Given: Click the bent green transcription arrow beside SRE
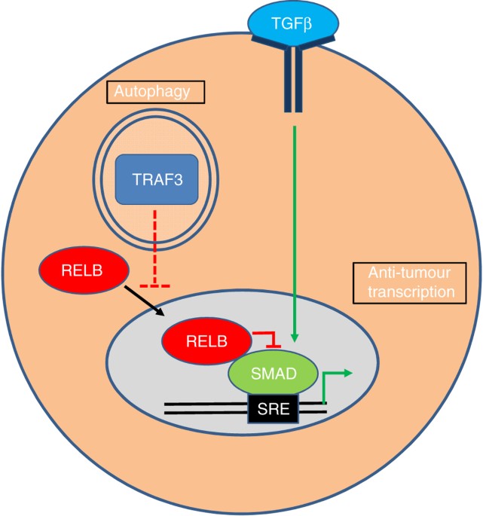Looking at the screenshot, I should [x=332, y=384].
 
